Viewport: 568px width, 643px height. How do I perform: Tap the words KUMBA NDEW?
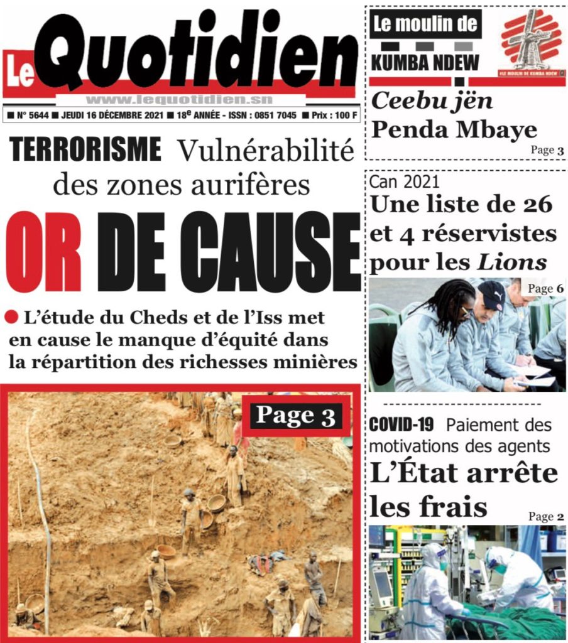425,62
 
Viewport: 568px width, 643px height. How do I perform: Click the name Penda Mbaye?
454,129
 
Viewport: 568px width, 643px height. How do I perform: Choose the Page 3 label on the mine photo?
296,415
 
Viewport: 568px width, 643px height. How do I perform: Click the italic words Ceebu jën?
430,100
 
